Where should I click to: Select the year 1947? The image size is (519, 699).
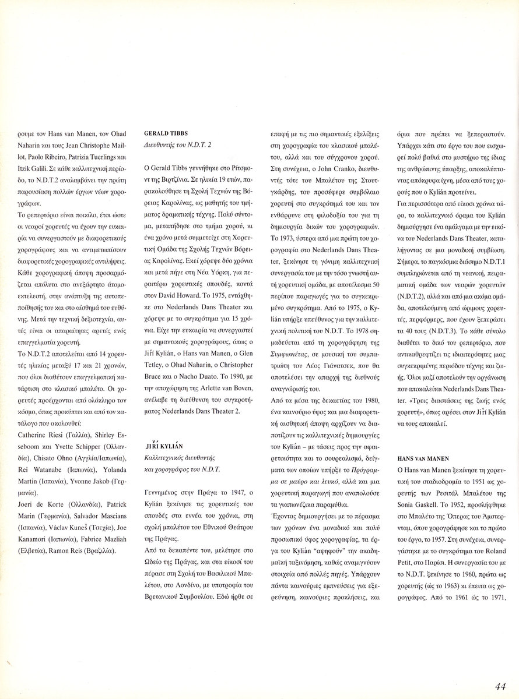tap(220, 493)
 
